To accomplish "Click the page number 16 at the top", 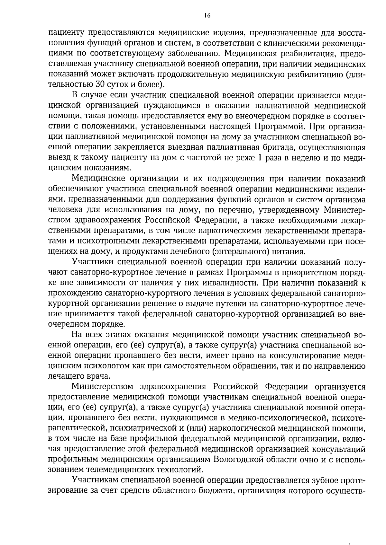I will tap(207, 15).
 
